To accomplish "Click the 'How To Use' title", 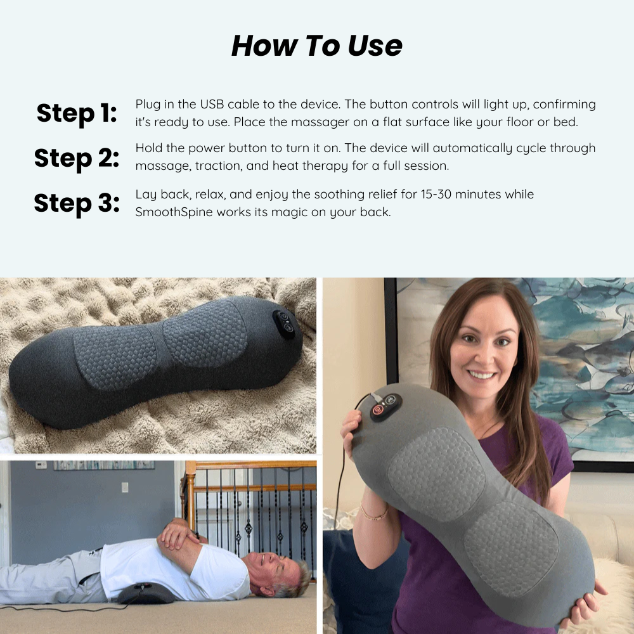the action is (x=316, y=45).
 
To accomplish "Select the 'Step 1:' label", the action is (x=77, y=113).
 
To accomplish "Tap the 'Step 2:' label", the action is (x=77, y=158).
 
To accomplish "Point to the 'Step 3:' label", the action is (x=77, y=203).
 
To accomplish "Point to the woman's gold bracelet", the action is (x=373, y=514).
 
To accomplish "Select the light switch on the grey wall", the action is (x=125, y=487).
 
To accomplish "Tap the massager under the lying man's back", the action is (x=146, y=593).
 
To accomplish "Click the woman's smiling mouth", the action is (x=481, y=375).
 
